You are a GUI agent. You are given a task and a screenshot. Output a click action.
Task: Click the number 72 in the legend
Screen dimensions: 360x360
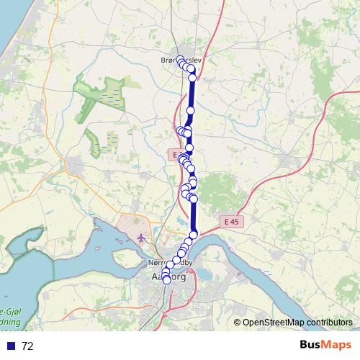(28, 346)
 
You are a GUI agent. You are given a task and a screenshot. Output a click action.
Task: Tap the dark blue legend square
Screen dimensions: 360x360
(9, 346)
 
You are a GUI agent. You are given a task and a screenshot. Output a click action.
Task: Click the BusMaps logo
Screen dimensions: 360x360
(323, 346)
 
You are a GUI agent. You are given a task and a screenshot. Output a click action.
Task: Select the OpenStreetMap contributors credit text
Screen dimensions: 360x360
(297, 323)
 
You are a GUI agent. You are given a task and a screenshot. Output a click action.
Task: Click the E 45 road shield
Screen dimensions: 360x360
(230, 221)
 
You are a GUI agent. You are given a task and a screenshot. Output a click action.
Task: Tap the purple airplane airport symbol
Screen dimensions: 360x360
(140, 238)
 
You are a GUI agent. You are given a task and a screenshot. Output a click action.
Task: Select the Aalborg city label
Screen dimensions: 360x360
(171, 276)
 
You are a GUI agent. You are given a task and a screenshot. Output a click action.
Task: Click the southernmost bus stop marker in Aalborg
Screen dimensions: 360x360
(167, 280)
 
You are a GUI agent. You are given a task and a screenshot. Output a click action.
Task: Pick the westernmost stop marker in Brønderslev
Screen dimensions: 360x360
(180, 61)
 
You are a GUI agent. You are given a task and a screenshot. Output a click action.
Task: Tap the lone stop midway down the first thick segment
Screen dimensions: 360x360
(191, 110)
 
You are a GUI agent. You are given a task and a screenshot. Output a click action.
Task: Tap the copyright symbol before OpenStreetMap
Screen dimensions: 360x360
(238, 323)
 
